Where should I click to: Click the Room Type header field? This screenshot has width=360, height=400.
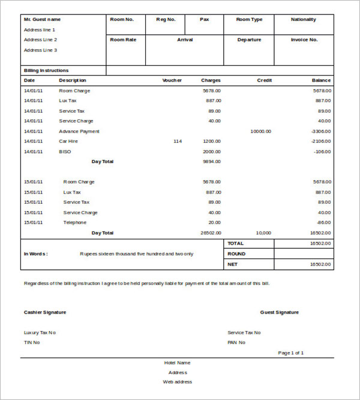click(249, 19)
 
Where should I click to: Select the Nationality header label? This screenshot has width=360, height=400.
click(304, 19)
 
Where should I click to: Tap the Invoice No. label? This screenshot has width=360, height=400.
click(304, 40)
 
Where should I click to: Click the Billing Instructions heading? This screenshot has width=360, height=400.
click(46, 70)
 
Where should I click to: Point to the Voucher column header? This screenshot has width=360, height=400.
click(172, 80)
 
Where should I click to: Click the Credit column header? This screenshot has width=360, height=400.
click(265, 80)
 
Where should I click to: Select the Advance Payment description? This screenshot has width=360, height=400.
click(79, 131)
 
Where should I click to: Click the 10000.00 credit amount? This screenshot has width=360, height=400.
click(260, 131)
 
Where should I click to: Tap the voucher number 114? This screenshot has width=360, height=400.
click(177, 141)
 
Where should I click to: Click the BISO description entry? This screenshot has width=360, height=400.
click(65, 151)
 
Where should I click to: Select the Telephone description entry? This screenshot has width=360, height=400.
click(75, 222)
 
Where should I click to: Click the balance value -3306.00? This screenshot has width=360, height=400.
click(321, 131)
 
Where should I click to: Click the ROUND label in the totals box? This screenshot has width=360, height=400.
click(236, 254)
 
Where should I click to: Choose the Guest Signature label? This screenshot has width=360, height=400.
click(279, 312)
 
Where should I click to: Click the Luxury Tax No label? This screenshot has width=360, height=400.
click(40, 332)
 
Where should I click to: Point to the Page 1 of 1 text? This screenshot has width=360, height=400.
click(291, 353)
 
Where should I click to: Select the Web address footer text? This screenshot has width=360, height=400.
click(178, 381)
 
